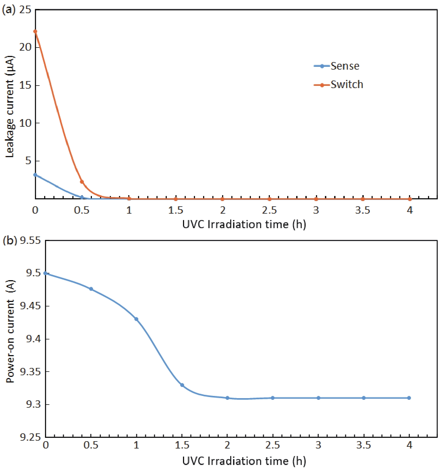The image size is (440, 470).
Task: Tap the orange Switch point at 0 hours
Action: [35, 31]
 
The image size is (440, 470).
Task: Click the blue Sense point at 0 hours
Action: [35, 175]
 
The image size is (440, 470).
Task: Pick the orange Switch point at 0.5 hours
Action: [82, 182]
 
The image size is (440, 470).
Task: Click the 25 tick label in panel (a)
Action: [25, 10]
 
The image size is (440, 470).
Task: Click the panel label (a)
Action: [8, 10]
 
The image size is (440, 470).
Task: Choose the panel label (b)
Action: [9, 240]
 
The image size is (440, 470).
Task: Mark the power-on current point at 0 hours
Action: [45, 273]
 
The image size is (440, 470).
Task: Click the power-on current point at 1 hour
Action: [136, 319]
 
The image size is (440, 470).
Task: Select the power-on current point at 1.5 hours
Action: [182, 385]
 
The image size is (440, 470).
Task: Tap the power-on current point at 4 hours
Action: [409, 398]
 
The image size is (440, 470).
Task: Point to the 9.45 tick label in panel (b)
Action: [30, 306]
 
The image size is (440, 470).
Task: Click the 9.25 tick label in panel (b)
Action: [30, 437]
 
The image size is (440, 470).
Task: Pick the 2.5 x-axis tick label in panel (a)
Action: [269, 210]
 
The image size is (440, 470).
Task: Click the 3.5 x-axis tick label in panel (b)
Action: [363, 445]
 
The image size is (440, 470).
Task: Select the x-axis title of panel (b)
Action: [244, 461]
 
